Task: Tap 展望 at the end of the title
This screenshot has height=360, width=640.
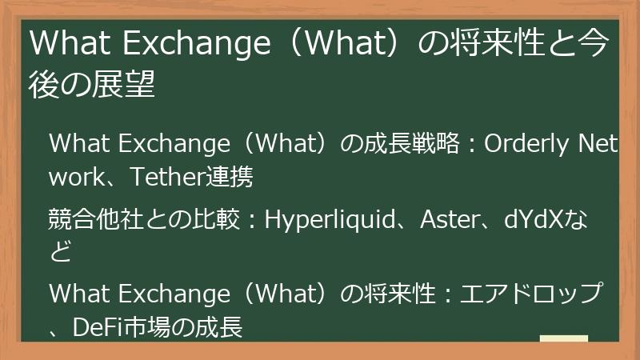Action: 128,85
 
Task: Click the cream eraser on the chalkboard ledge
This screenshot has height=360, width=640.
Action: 563,339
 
